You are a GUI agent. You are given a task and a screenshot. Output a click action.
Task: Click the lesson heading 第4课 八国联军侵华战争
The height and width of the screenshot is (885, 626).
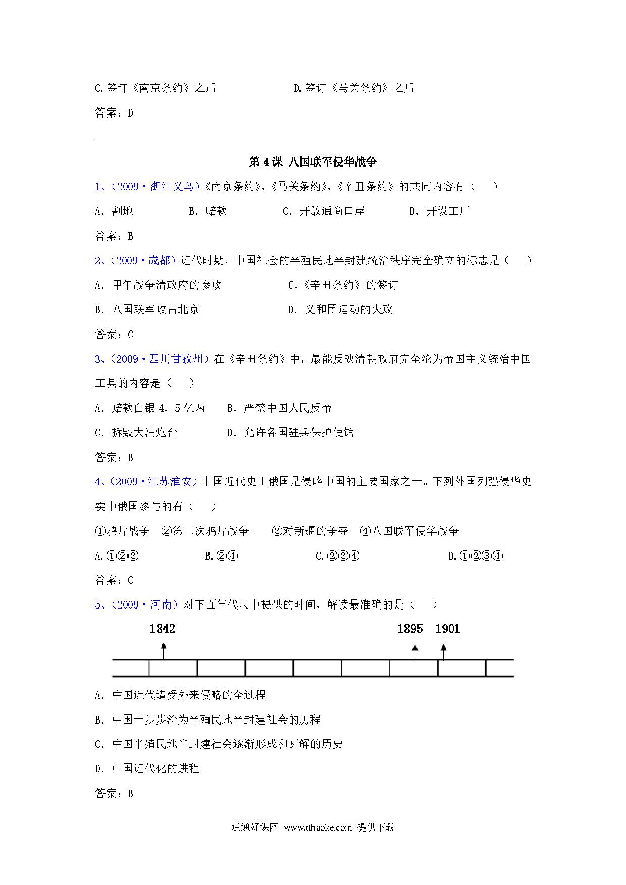313,162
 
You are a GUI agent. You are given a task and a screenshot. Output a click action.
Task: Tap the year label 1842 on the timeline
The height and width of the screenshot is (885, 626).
162,629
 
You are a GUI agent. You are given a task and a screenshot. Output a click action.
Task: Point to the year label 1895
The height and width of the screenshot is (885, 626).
410,629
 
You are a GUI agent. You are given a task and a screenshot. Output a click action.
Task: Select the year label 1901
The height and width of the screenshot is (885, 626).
447,629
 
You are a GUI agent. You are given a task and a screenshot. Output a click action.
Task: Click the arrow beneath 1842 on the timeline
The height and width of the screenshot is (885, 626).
163,650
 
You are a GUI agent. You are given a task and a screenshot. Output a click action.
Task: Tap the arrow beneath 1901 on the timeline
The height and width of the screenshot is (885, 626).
443,651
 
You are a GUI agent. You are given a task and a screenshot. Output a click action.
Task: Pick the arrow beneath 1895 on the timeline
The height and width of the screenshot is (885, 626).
414,651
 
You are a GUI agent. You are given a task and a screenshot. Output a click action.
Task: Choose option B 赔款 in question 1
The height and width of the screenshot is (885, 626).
208,211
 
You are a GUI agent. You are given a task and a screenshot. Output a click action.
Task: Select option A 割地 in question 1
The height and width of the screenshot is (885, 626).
114,211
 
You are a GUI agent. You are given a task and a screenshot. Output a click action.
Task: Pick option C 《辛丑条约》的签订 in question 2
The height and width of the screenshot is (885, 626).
343,285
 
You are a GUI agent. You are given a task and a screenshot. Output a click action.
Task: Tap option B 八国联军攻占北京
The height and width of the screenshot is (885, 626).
147,310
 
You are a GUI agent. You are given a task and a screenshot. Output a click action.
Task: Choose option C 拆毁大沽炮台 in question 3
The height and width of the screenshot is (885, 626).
136,433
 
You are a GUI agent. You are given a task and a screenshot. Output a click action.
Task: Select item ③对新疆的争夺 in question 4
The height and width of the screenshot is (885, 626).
309,531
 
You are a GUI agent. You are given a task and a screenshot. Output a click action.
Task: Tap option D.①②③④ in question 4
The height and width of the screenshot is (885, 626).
476,556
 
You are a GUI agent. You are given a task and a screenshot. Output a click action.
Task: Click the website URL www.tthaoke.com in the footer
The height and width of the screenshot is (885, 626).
318,827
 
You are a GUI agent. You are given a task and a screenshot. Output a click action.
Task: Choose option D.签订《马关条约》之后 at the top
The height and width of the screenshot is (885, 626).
354,88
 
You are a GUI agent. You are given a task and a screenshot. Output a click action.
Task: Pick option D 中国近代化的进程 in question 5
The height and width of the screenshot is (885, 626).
147,769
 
